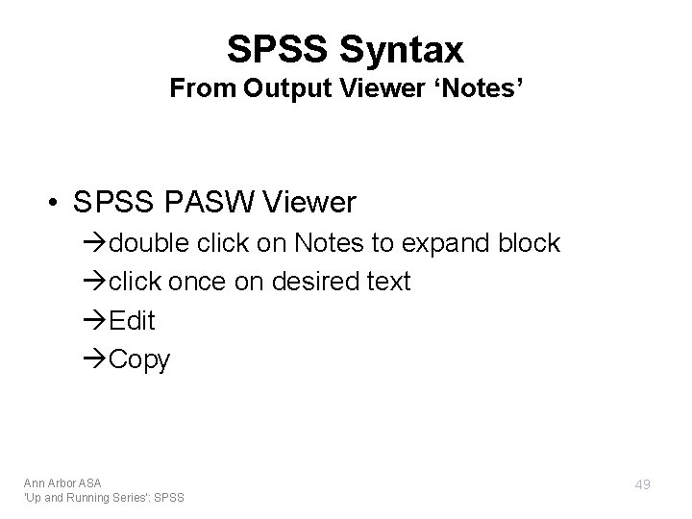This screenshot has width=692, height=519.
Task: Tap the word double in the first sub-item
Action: pyautogui.click(x=152, y=243)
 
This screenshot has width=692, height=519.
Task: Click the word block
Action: pyautogui.click(x=528, y=243)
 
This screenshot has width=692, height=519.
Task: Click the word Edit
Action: pyautogui.click(x=132, y=320)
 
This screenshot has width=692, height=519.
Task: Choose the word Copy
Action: pyautogui.click(x=140, y=360)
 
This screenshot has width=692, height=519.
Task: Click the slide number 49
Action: pyautogui.click(x=642, y=485)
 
